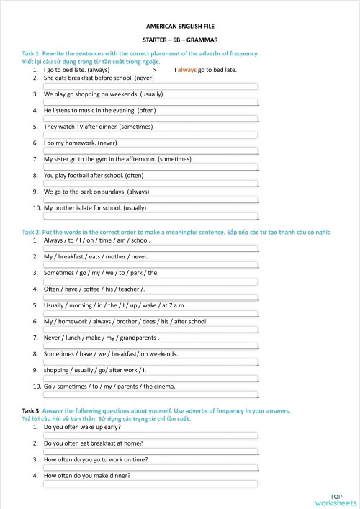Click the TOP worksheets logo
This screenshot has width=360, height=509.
(336, 500)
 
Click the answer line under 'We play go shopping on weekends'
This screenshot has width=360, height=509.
(150, 102)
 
